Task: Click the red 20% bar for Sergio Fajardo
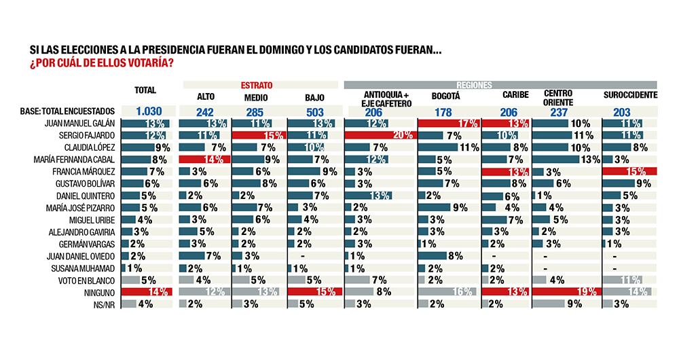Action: [380, 135]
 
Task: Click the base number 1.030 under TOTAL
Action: [145, 111]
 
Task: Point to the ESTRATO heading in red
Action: [257, 85]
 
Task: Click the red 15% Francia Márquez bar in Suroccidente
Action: [630, 172]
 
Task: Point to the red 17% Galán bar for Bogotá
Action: [449, 123]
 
